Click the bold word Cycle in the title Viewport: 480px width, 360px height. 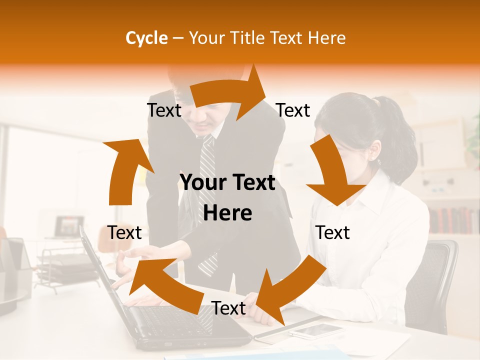click(x=146, y=38)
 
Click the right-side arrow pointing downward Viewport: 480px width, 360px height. click(x=332, y=172)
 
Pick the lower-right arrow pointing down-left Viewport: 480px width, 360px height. click(x=290, y=290)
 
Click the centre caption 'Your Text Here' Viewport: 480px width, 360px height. click(x=227, y=197)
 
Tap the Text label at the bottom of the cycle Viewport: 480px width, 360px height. click(x=228, y=308)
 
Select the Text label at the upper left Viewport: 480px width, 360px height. click(x=164, y=110)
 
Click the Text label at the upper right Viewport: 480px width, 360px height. click(x=293, y=110)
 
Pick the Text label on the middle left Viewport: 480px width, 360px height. click(x=124, y=232)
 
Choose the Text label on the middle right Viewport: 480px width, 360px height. click(x=332, y=232)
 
